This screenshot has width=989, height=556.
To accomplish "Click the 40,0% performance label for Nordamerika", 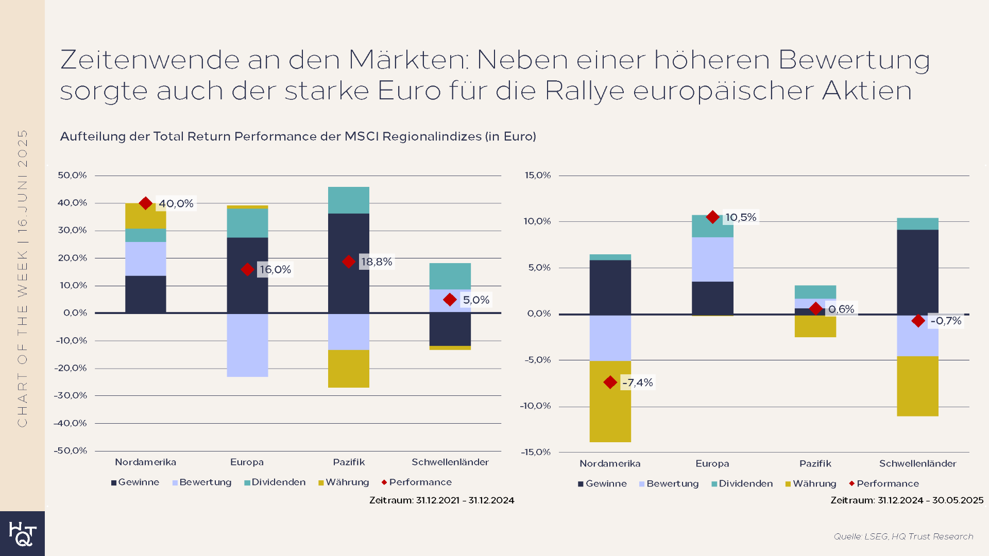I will [x=176, y=203].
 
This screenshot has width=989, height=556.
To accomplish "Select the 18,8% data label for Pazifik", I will [x=377, y=262].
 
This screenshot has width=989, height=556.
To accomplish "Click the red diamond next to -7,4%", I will [x=610, y=383].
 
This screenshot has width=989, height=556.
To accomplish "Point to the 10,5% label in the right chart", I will [x=741, y=217].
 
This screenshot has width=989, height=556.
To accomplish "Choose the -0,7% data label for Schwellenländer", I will [x=946, y=321].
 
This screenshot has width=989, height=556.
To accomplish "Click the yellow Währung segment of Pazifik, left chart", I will [x=349, y=369].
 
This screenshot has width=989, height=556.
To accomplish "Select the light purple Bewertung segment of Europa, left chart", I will [x=247, y=345].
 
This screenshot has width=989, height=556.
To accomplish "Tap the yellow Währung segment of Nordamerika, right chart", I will [x=610, y=412].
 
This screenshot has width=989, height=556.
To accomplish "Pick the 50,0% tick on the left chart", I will [x=72, y=176].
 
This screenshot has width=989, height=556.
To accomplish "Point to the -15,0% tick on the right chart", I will [x=535, y=452].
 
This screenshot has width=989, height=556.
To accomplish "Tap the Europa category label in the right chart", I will [x=712, y=463].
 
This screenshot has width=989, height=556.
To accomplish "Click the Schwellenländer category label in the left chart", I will [x=450, y=462].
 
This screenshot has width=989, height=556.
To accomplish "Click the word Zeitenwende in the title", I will [x=149, y=60].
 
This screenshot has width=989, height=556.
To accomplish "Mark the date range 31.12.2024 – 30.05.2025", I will [x=907, y=500].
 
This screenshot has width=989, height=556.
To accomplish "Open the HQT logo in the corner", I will [x=22, y=533].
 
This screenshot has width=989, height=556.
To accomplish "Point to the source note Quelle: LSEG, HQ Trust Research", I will [x=903, y=536].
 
